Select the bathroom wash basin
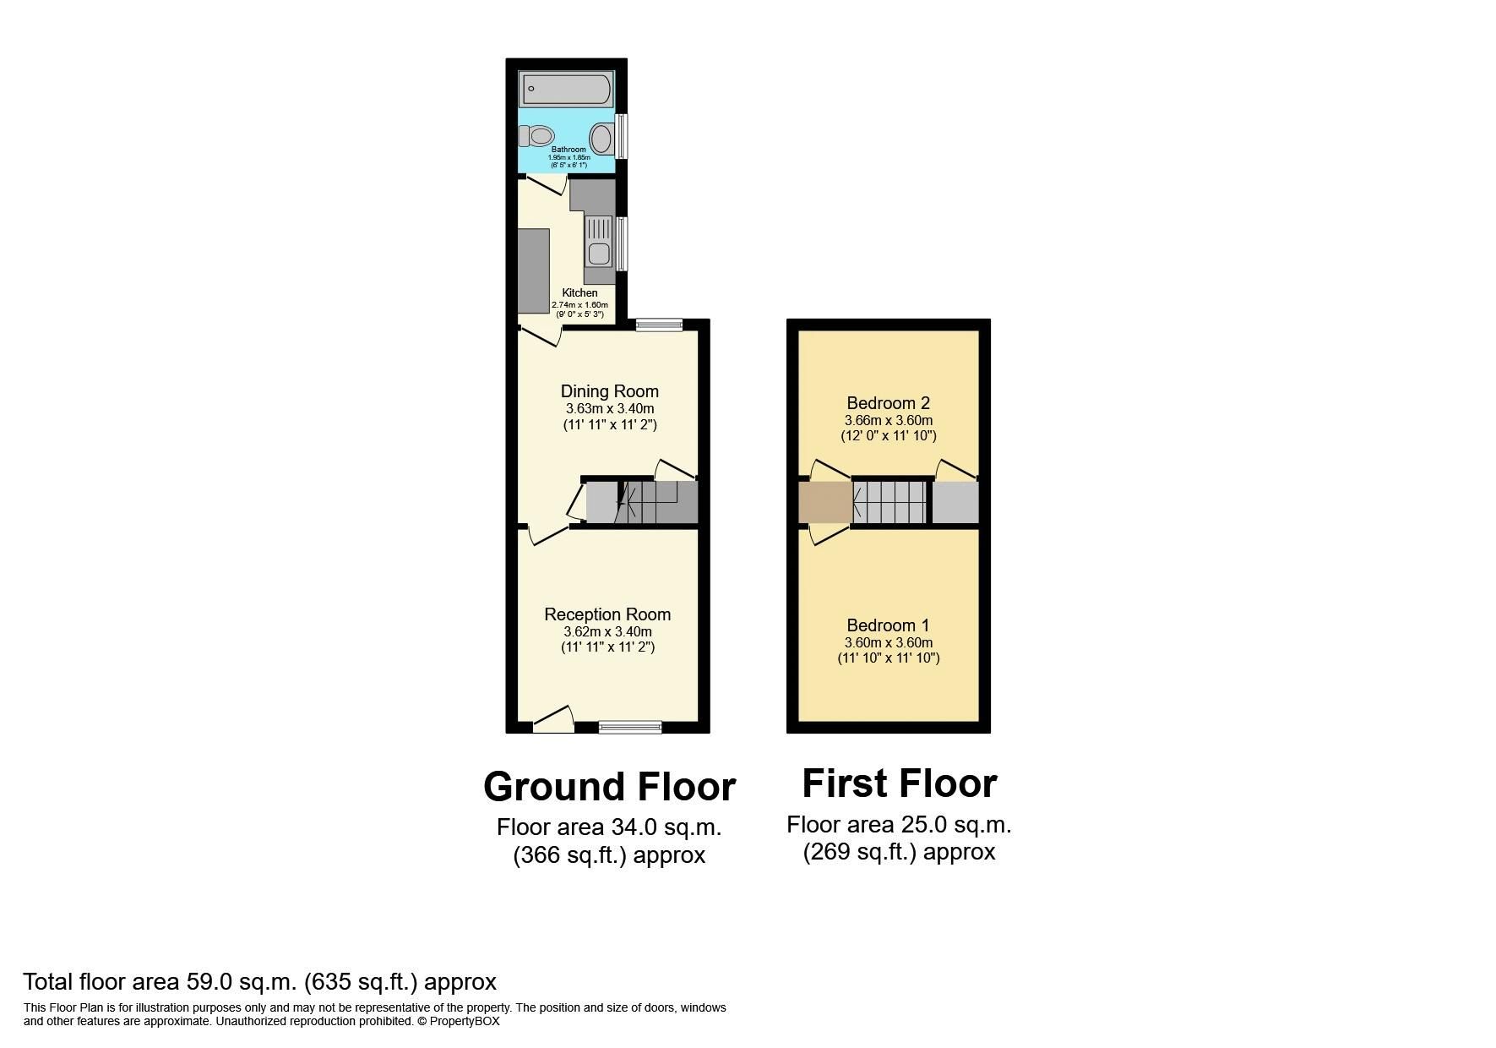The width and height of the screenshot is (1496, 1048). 601,138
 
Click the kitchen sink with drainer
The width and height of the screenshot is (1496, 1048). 598,240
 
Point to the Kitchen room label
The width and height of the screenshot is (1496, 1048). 579,293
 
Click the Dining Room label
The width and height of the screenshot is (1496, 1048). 609,391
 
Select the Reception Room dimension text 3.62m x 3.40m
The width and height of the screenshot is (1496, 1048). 607,631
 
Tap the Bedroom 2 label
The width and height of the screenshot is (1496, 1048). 888,403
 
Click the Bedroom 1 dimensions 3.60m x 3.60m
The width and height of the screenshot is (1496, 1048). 888,642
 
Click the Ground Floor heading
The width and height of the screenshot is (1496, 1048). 609,787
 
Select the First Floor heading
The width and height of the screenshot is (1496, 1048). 899,783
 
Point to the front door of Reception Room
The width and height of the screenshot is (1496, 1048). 553,720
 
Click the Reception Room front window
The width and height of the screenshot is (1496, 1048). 630,726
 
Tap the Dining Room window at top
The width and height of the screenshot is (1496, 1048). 659,325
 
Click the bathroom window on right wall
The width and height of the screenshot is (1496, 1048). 622,136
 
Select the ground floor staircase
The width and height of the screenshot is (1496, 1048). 650,502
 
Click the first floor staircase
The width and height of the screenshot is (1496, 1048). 890,502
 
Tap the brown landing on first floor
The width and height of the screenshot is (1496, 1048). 824,502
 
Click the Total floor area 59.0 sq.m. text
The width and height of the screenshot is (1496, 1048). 259,982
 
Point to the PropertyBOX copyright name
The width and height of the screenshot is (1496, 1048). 465,1021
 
